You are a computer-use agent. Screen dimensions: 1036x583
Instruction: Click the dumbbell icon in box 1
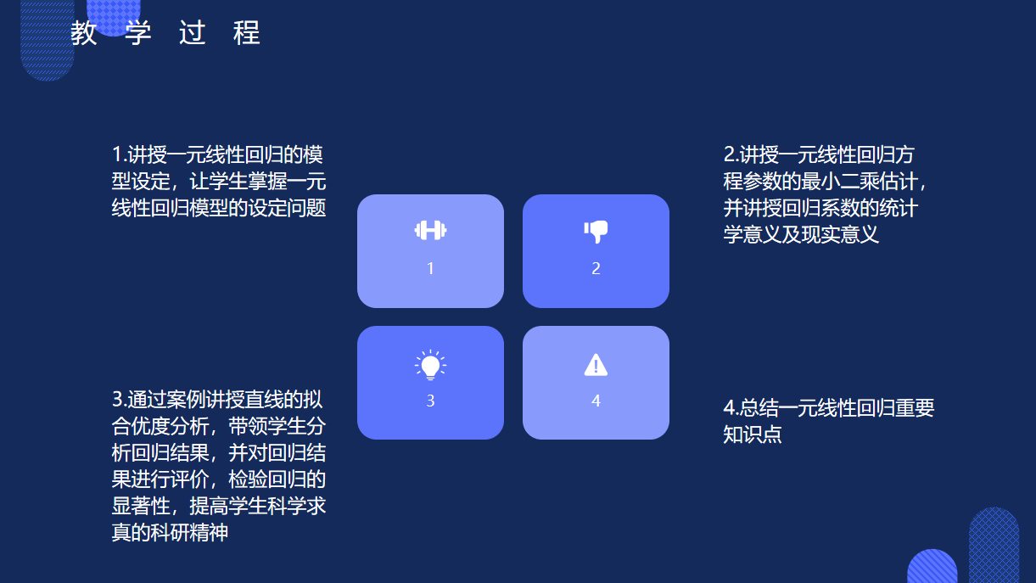point(430,230)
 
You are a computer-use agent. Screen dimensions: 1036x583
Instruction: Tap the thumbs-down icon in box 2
point(596,232)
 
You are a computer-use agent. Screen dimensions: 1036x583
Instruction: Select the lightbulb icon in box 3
point(430,365)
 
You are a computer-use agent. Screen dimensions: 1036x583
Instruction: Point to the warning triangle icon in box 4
point(596,365)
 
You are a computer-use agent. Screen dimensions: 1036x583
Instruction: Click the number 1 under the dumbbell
point(430,268)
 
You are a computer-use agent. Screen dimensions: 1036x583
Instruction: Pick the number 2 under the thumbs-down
point(596,268)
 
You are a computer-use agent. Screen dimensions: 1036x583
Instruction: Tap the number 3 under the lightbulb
point(430,401)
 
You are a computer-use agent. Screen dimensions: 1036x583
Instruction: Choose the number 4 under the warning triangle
point(596,401)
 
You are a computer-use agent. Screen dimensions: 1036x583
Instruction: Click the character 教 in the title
point(84,32)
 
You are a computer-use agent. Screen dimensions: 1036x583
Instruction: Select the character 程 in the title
point(247,32)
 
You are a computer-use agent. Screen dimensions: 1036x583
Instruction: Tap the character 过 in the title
point(193,32)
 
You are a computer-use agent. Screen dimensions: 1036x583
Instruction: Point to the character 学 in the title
point(137,32)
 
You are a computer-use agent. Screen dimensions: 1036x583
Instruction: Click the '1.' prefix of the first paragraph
point(120,154)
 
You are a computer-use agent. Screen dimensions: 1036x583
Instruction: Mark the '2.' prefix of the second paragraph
point(731,154)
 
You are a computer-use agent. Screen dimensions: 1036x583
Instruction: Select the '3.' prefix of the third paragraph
point(120,400)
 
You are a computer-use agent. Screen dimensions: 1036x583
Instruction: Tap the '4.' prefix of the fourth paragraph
point(731,407)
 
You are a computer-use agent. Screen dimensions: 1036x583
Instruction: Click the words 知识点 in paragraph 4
point(753,434)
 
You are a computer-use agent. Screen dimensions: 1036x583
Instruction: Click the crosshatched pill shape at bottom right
point(994,545)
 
